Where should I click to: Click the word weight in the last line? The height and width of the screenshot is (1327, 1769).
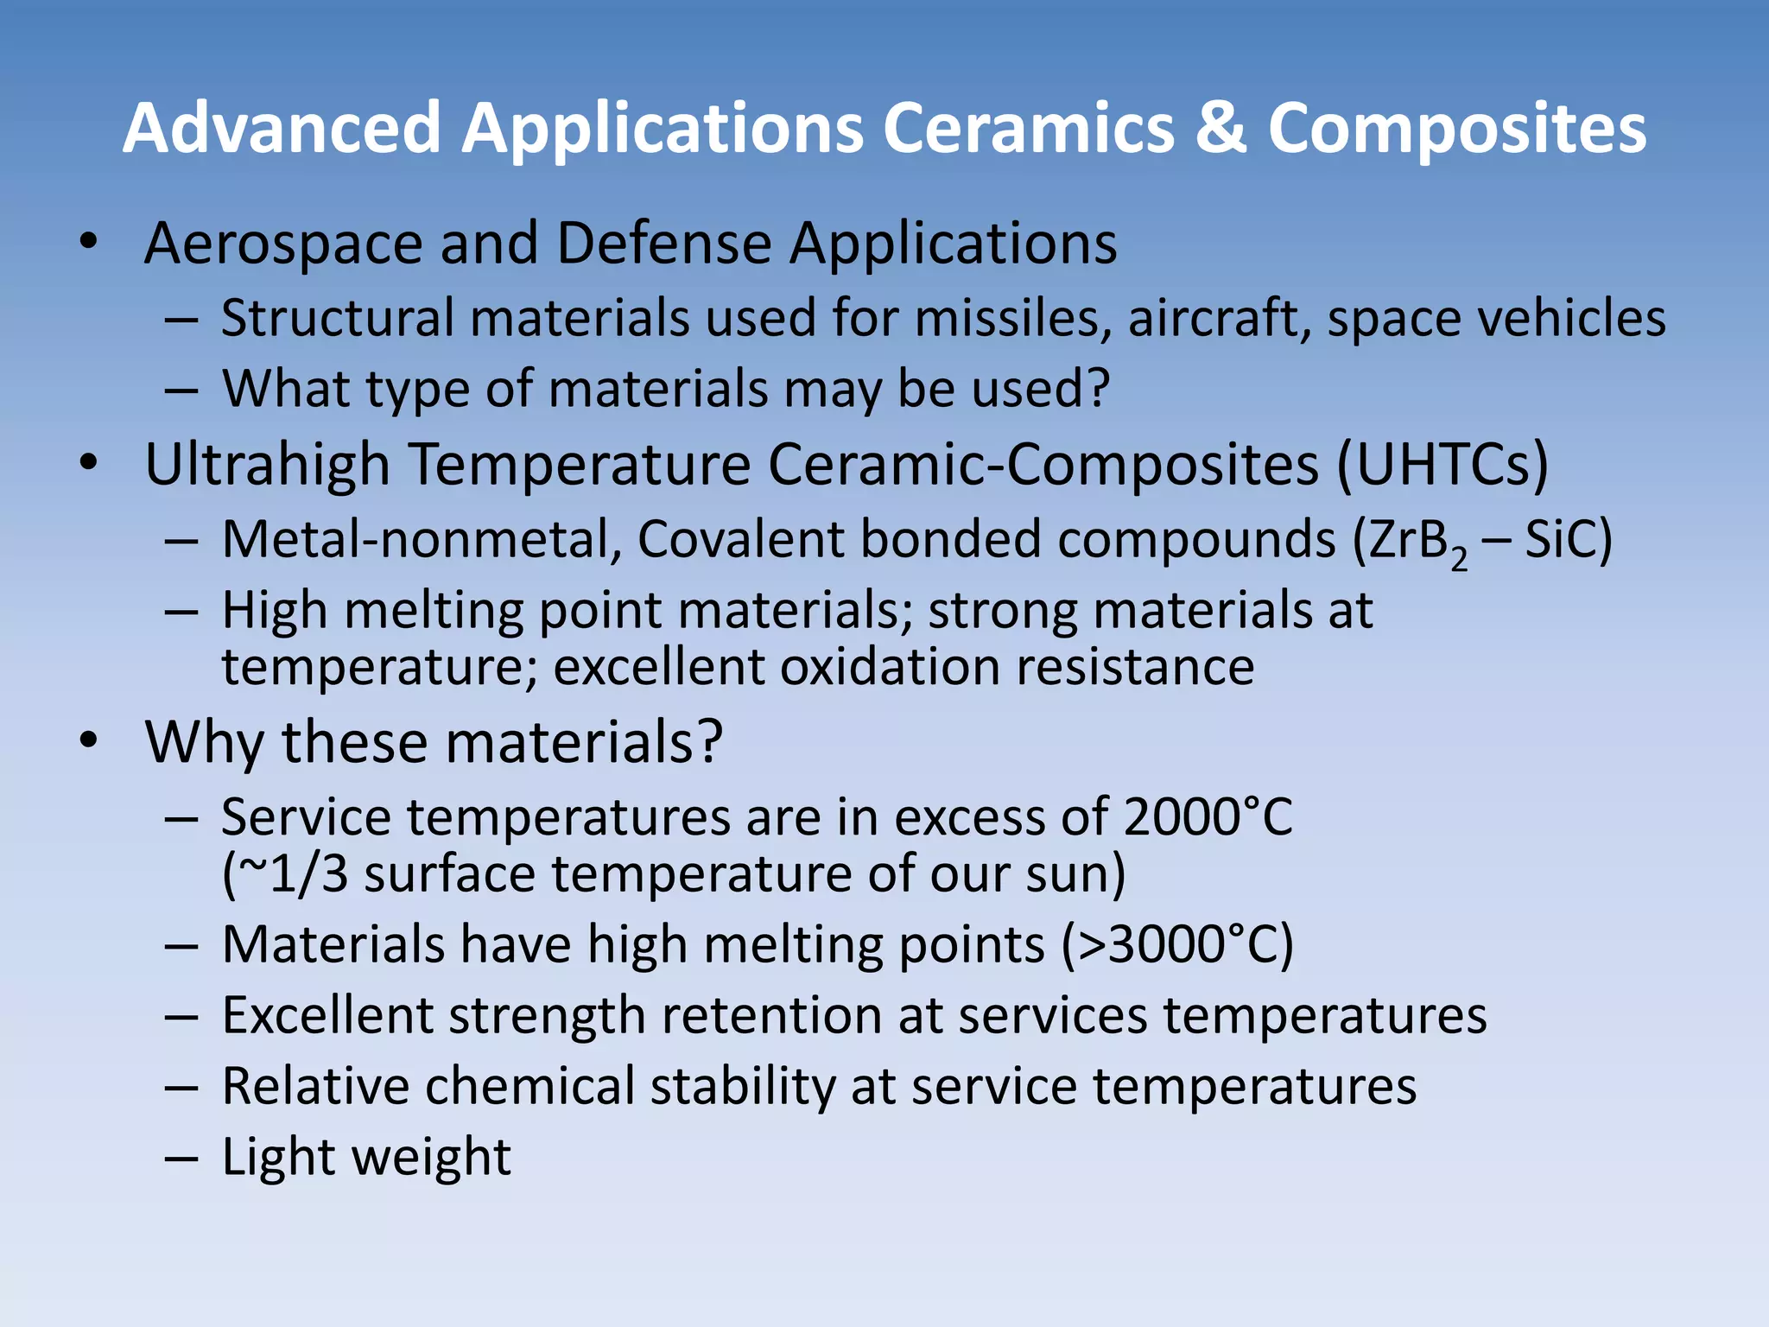[433, 1158]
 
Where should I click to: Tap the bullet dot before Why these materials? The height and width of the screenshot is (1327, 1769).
[88, 741]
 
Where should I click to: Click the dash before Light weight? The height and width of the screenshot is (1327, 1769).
[182, 1159]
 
